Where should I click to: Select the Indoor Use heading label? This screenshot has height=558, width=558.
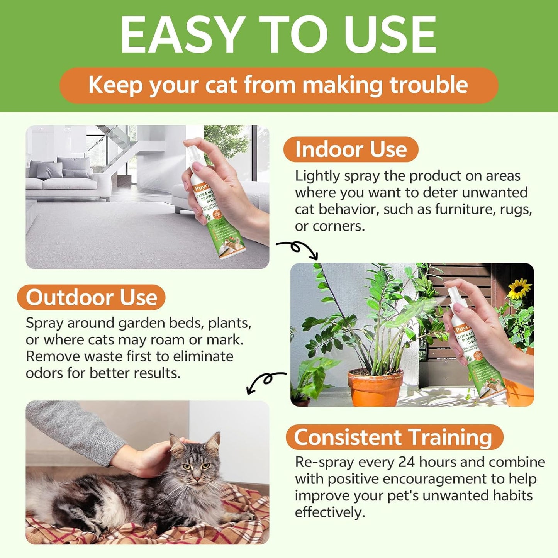[351, 149]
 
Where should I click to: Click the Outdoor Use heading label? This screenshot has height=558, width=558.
[92, 297]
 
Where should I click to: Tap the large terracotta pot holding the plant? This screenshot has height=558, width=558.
[375, 386]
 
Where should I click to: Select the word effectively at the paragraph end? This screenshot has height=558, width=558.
[330, 512]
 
